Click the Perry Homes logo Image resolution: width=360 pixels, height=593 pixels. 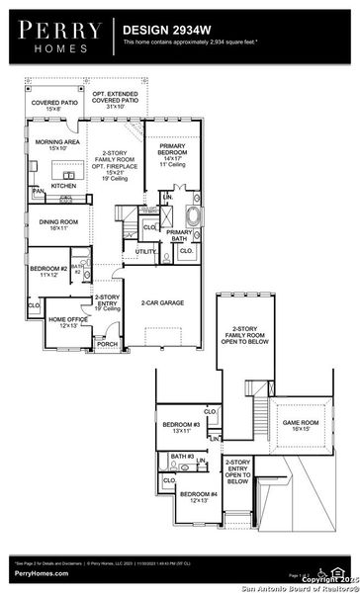[57, 36]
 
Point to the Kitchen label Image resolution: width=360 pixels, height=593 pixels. [63, 185]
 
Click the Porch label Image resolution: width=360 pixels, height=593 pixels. [107, 344]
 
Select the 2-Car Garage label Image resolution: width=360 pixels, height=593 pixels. [164, 302]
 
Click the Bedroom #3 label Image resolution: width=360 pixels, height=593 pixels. [181, 428]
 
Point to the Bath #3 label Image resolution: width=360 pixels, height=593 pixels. [180, 456]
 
